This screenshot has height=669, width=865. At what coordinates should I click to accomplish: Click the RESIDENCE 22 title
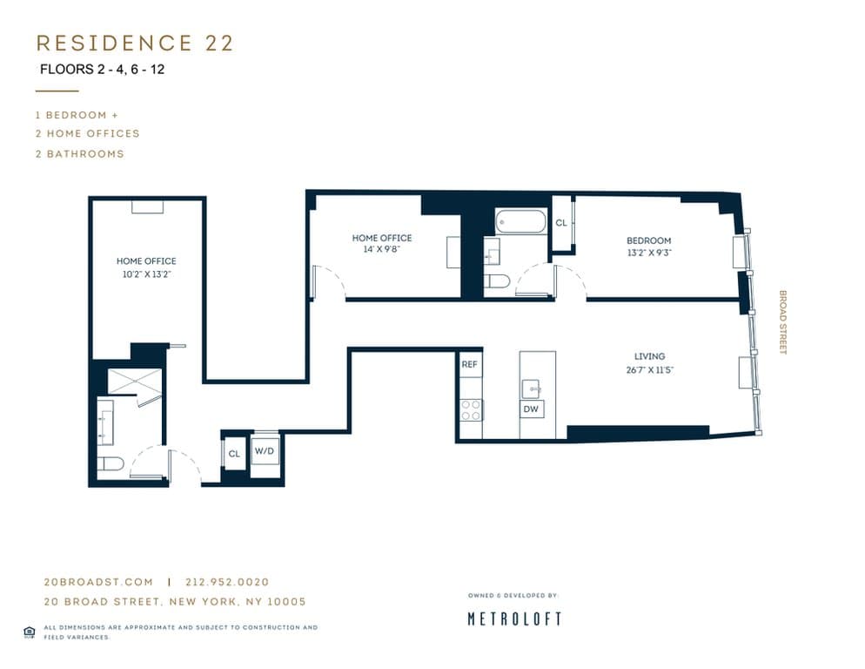pyautogui.click(x=135, y=44)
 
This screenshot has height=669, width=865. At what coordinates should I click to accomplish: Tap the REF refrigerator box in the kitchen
pyautogui.click(x=470, y=364)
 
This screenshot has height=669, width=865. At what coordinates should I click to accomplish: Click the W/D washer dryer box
pyautogui.click(x=264, y=452)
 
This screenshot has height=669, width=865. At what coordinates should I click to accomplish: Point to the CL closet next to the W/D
pyautogui.click(x=234, y=453)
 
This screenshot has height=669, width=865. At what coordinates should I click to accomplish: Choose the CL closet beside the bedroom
pyautogui.click(x=561, y=223)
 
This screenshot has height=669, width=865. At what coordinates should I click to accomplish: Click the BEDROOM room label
pyautogui.click(x=648, y=240)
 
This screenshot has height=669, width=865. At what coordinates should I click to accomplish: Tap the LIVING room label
pyautogui.click(x=649, y=356)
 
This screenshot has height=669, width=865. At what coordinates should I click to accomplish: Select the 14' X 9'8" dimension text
pyautogui.click(x=381, y=249)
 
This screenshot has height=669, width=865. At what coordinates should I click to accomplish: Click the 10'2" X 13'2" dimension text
pyautogui.click(x=146, y=273)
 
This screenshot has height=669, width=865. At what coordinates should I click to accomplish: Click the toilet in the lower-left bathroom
pyautogui.click(x=110, y=463)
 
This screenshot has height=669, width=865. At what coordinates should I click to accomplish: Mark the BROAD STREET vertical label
pyautogui.click(x=782, y=322)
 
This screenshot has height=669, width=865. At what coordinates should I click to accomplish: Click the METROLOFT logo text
pyautogui.click(x=514, y=619)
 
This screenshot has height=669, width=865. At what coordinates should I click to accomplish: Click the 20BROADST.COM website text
pyautogui.click(x=97, y=582)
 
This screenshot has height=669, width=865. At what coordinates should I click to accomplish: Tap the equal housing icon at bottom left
pyautogui.click(x=29, y=632)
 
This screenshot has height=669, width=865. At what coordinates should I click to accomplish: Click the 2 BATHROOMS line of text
pyautogui.click(x=79, y=153)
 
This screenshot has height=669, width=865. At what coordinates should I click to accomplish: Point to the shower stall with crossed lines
pyautogui.click(x=134, y=381)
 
